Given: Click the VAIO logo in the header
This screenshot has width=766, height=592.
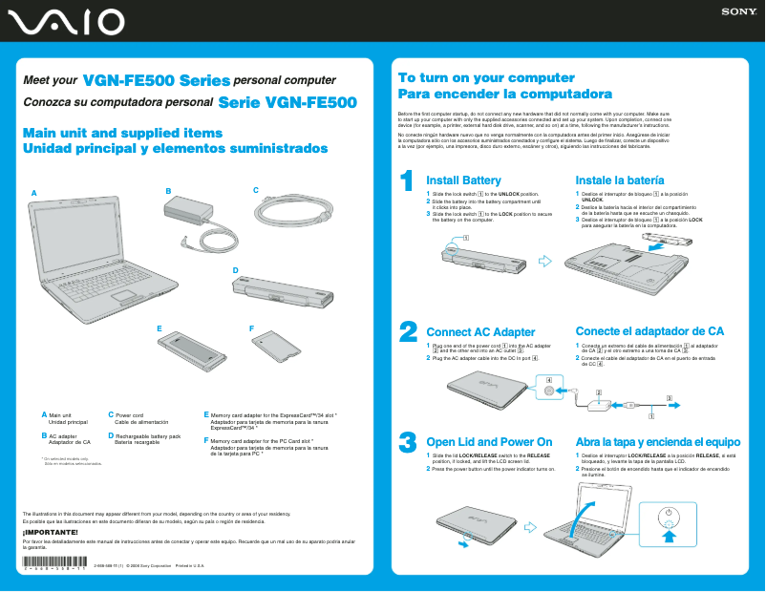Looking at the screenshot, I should pos(64,21).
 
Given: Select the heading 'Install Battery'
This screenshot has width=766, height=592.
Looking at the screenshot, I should pos(463,180).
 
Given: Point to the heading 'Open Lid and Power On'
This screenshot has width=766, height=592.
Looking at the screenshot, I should pos(489,442).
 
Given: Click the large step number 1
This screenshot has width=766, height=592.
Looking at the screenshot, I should pos(406,180).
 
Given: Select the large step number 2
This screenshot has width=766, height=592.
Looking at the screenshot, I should pos(407,330).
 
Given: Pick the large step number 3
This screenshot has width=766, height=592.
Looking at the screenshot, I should pos(407,441).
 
